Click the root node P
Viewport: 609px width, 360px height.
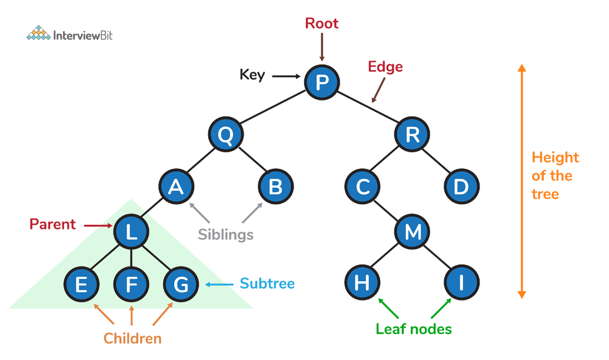point(322,81)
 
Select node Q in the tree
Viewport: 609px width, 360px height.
point(225,135)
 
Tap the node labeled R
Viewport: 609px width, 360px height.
point(412,135)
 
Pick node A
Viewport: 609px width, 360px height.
point(176,186)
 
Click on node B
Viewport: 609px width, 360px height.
point(275,186)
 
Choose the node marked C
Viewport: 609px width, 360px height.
point(362,186)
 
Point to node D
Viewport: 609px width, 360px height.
point(461,186)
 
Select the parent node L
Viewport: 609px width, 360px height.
point(132,232)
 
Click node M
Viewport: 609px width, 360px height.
point(412,232)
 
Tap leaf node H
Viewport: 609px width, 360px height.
point(362,283)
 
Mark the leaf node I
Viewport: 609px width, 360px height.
point(462,283)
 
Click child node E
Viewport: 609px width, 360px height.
point(82,284)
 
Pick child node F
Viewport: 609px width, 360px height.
point(132,284)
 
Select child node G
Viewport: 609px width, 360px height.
point(181,284)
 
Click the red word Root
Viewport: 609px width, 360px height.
point(321,24)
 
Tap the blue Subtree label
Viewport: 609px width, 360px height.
point(267,284)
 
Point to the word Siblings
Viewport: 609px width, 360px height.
point(225,234)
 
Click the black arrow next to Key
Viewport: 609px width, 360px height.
point(286,75)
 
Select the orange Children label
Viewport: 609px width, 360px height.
point(132,338)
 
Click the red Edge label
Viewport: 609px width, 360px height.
point(385,66)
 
